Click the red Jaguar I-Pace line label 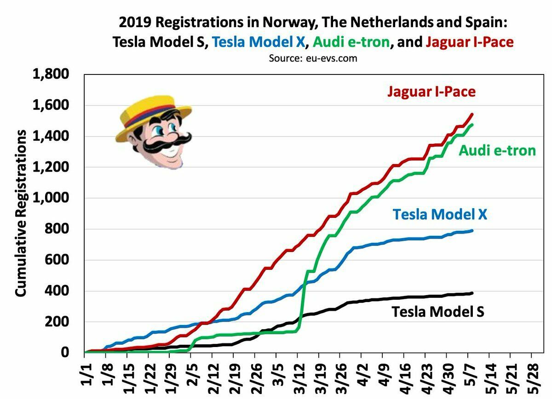point(431,92)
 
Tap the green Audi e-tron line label point(497,150)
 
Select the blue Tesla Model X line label point(440,214)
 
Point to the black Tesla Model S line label point(437,312)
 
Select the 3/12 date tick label point(299,379)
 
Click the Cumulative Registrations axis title point(21,212)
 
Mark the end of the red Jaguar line point(472,114)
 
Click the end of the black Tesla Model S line point(472,293)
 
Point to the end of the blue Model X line point(472,230)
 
